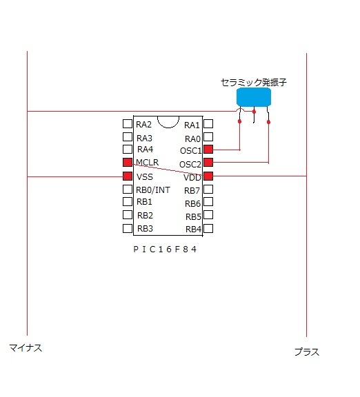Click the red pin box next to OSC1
208,150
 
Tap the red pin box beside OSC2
208,162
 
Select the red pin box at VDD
208,176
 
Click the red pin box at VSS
128,176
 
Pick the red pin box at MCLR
128,162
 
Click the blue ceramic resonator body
254,96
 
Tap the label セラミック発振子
254,82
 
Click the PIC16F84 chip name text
165,250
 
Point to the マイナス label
26,348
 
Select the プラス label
307,352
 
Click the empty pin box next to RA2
128,124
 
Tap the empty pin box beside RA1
208,124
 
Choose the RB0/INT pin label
153,190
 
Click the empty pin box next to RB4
208,228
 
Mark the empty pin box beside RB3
128,228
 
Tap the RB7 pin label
192,191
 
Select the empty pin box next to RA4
128,149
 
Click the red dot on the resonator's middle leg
254,112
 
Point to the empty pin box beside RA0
208,136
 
